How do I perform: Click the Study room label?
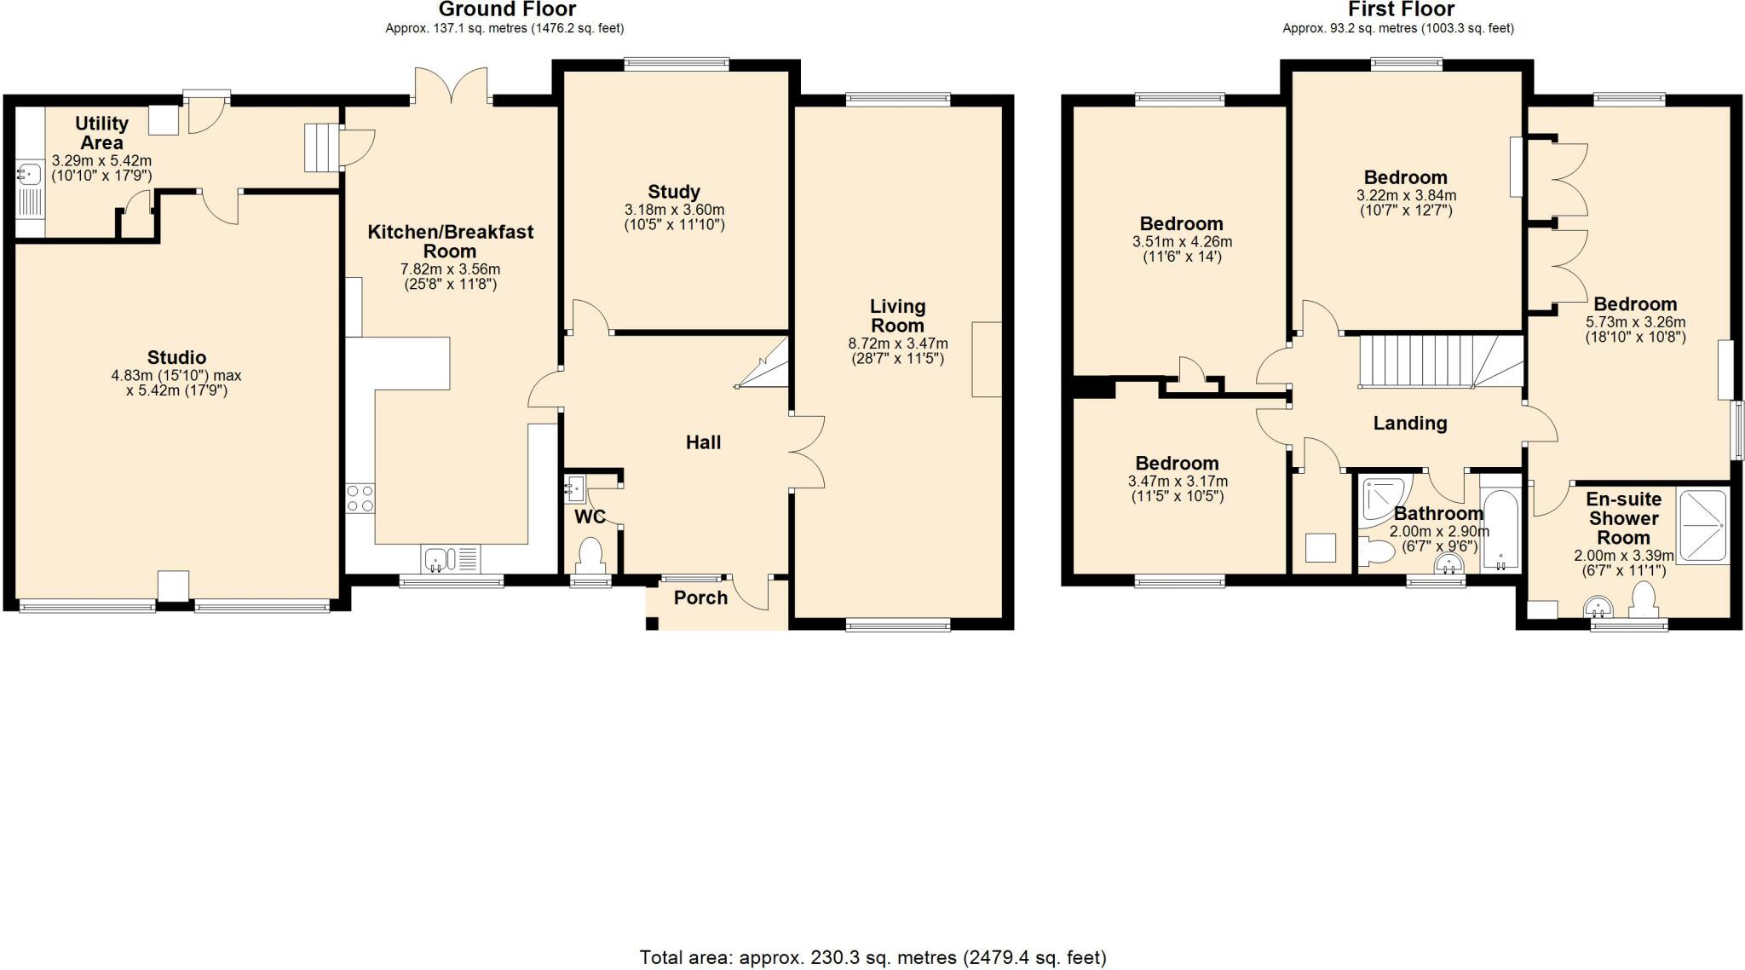click(x=673, y=192)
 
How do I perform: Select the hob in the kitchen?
click(x=360, y=498)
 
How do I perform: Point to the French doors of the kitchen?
click(x=452, y=85)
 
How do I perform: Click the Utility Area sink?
click(x=29, y=175)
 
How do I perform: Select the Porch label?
click(x=700, y=598)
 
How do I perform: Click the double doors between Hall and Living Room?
click(x=808, y=452)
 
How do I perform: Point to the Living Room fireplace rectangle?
click(x=987, y=359)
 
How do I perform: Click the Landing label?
click(x=1409, y=423)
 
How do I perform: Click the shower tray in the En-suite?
click(x=1703, y=525)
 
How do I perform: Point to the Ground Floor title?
click(x=506, y=9)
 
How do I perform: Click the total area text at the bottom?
click(x=872, y=957)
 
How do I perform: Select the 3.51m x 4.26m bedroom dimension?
click(x=1181, y=241)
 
